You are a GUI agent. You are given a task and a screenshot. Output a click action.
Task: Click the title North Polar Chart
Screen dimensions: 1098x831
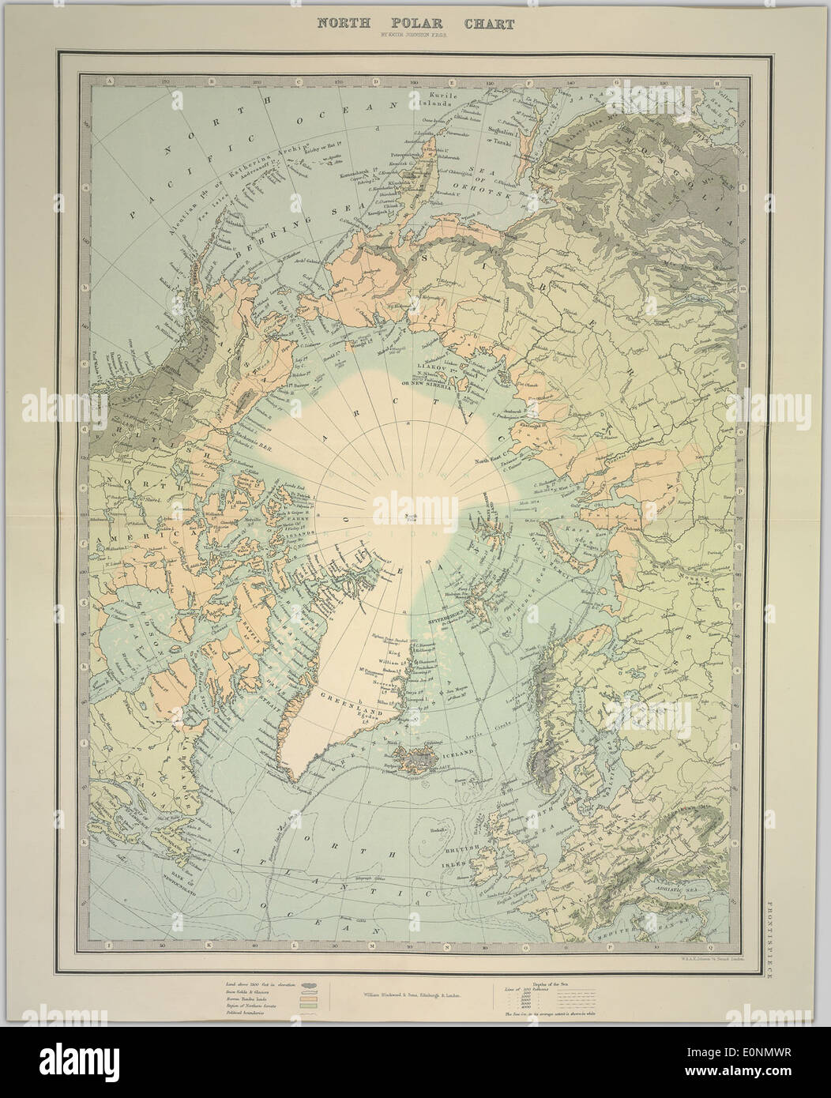(415, 24)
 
